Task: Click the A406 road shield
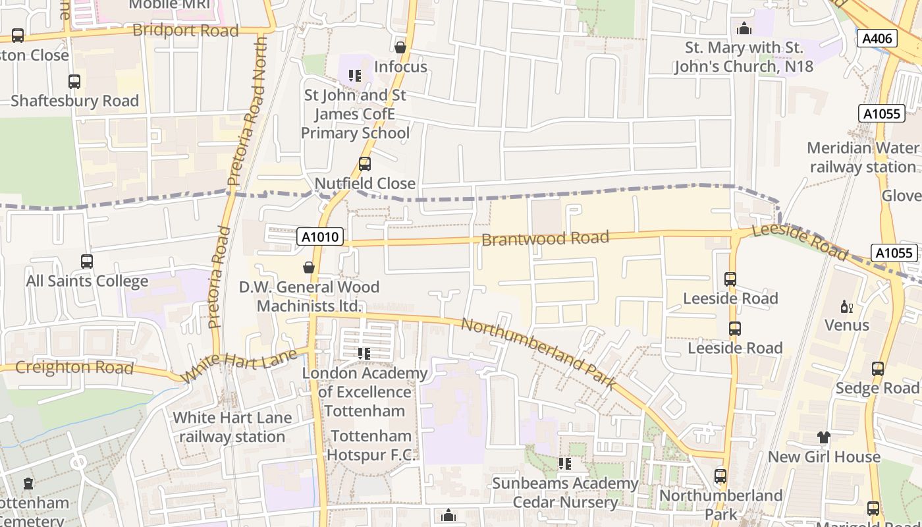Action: [x=877, y=39]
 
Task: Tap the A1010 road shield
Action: [x=321, y=236]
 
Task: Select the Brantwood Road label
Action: [x=545, y=238]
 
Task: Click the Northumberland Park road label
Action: [x=538, y=353]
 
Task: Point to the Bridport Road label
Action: [x=185, y=30]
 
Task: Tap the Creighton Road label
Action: [x=74, y=368]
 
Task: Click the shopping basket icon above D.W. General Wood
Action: [x=308, y=267]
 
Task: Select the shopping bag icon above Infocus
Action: [x=400, y=47]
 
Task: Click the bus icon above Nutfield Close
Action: [x=364, y=164]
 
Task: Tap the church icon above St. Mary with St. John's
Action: [x=744, y=28]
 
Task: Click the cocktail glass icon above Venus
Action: [x=847, y=306]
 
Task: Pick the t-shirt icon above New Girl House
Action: [x=823, y=437]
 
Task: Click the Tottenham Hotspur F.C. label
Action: [x=371, y=445]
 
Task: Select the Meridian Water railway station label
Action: [x=862, y=157]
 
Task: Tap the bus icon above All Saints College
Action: [x=87, y=262]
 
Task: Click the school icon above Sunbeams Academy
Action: [x=565, y=464]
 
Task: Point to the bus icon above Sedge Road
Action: [x=877, y=369]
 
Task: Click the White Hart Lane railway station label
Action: [x=232, y=427]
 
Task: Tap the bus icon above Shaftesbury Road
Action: [x=74, y=82]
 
